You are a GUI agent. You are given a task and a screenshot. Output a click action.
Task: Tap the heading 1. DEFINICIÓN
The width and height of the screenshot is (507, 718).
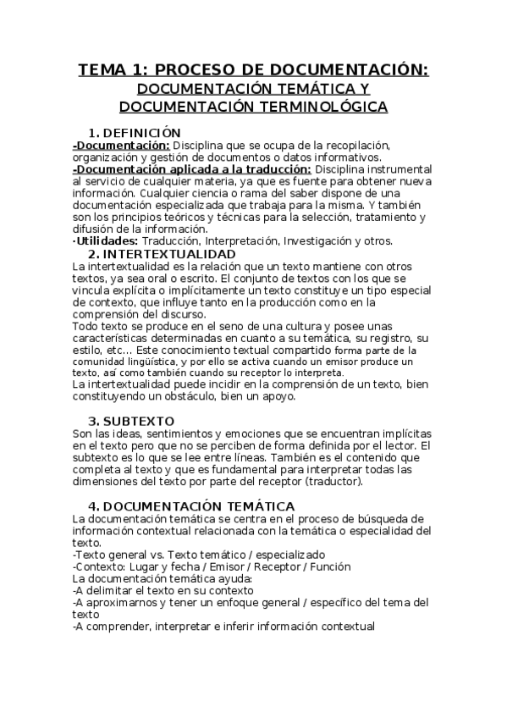[x=135, y=133]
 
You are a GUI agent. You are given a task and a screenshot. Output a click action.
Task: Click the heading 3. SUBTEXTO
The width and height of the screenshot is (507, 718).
[x=132, y=421]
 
